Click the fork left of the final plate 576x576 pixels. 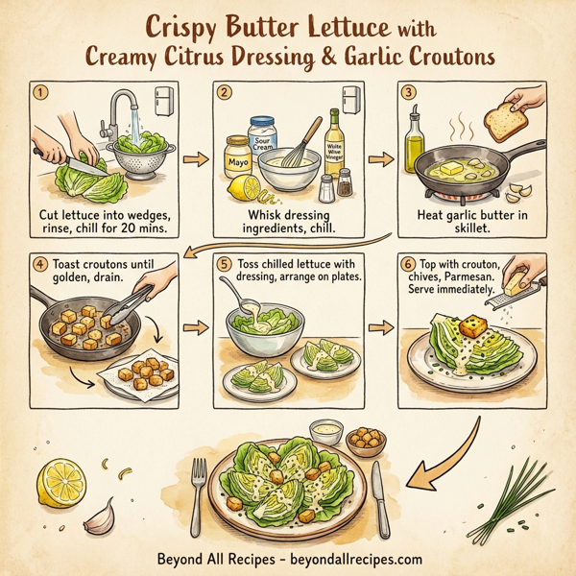(200, 490)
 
